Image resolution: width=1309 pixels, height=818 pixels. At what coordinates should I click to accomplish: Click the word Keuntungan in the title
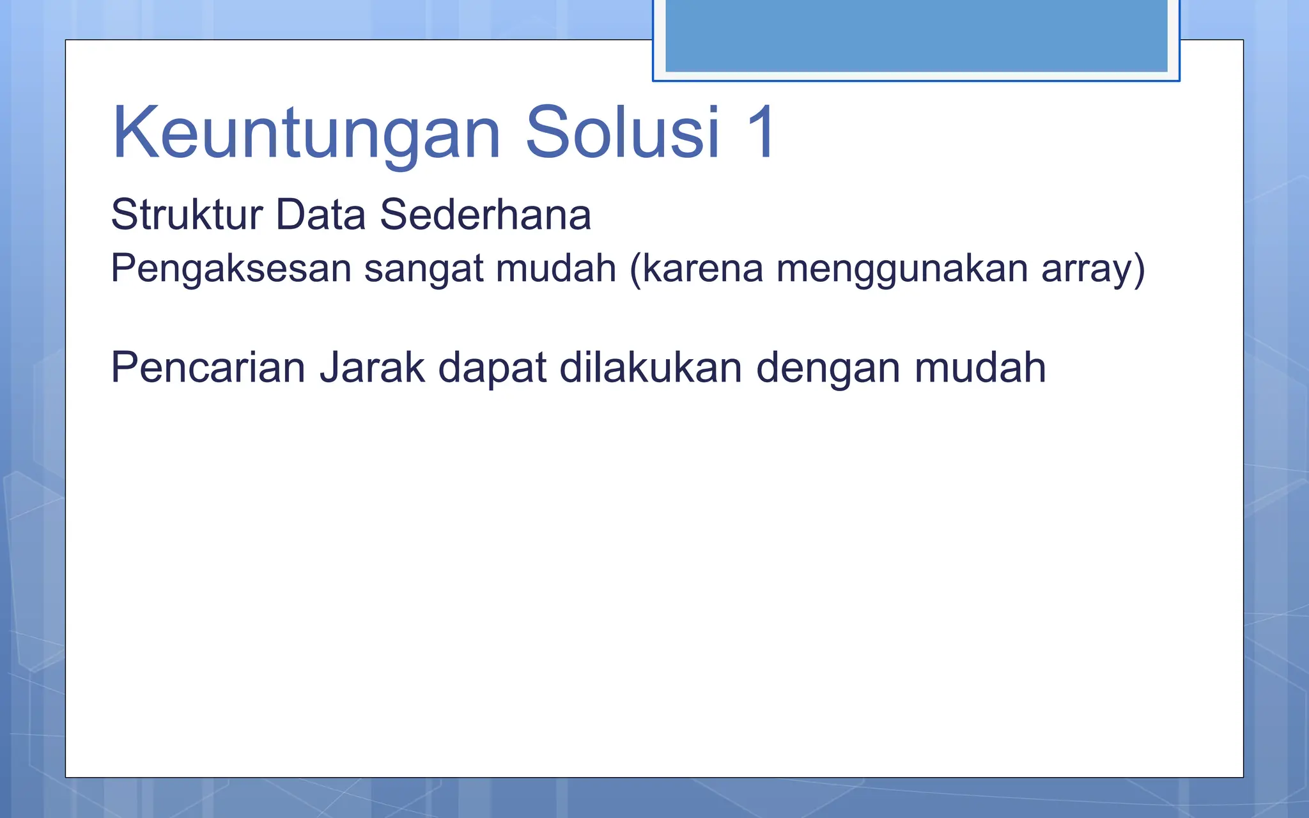coord(306,133)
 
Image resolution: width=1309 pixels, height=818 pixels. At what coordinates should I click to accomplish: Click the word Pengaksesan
coord(231,268)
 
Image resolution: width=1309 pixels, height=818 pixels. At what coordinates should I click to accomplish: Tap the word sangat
coord(423,268)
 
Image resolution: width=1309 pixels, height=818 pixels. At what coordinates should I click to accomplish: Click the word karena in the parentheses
coord(702,268)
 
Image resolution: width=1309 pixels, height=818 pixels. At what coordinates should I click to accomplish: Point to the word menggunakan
coord(902,268)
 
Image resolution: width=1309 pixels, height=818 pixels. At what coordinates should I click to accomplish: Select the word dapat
coord(492,369)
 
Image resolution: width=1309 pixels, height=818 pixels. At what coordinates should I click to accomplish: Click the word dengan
coord(828,369)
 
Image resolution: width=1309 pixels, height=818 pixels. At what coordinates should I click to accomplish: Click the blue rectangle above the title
coord(916,36)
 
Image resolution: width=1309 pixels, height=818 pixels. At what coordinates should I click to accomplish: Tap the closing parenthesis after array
coord(1138,268)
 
